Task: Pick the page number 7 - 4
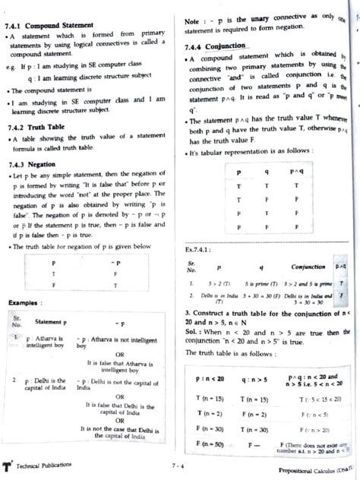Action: [178, 464]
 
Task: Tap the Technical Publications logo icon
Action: [7, 463]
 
